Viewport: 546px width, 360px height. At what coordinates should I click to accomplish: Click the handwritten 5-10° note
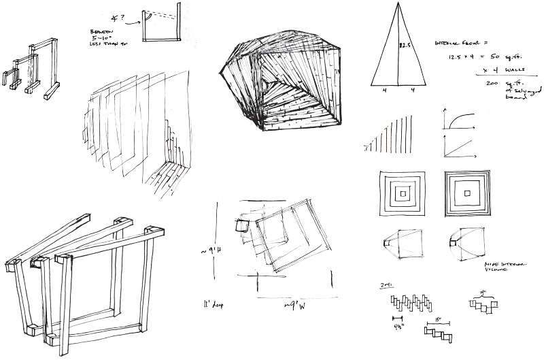pyautogui.click(x=101, y=38)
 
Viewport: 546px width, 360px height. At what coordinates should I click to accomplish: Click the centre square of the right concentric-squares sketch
pyautogui.click(x=468, y=195)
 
